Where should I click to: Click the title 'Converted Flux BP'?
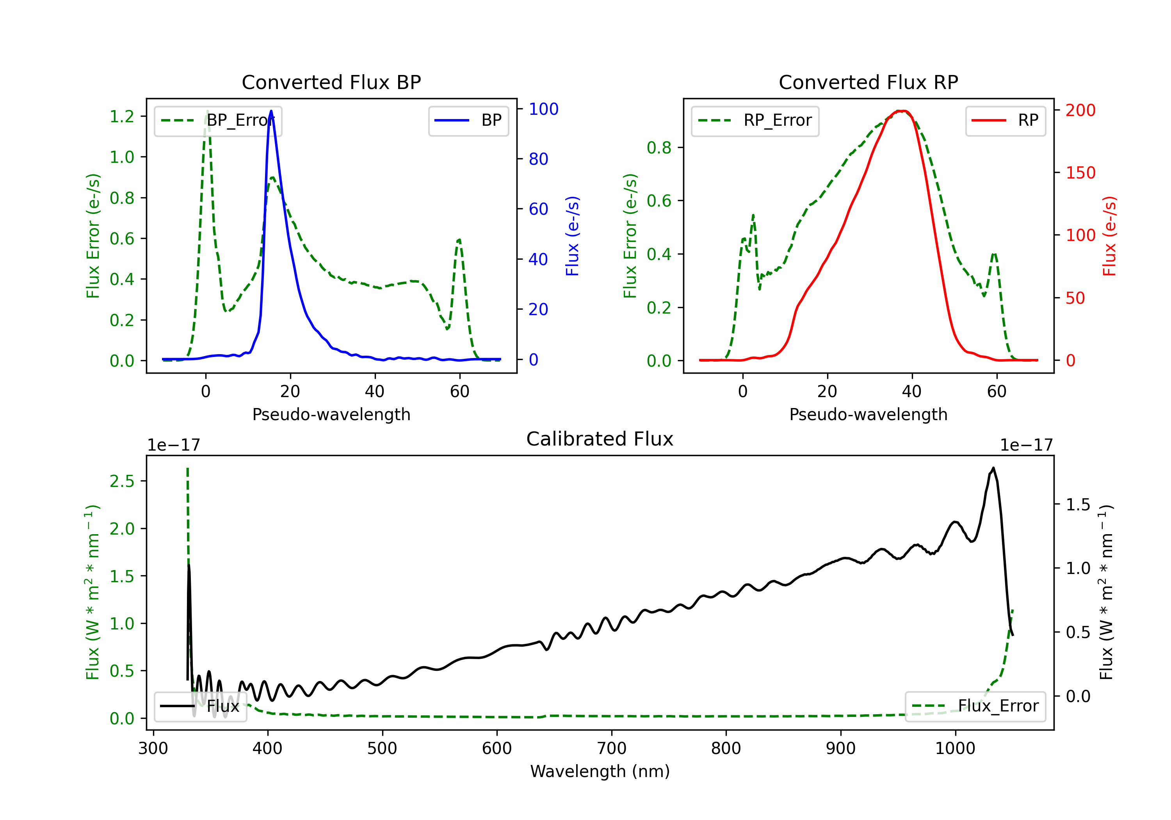[331, 82]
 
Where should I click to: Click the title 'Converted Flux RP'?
[868, 82]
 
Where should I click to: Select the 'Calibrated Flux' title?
[600, 439]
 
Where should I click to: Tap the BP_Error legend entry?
[218, 120]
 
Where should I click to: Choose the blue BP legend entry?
[468, 120]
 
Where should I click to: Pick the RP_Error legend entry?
[755, 120]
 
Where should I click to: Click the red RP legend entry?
[1005, 120]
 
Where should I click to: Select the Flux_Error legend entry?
[975, 706]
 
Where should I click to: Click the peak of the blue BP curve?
[271, 111]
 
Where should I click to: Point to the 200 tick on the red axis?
[1080, 110]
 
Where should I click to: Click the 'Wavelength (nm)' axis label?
[600, 771]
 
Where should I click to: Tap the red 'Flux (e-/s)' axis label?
[1109, 236]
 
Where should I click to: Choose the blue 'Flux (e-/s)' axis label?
[572, 236]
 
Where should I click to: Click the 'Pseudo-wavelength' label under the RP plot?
[868, 414]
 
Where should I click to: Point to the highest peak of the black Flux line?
[993, 467]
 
